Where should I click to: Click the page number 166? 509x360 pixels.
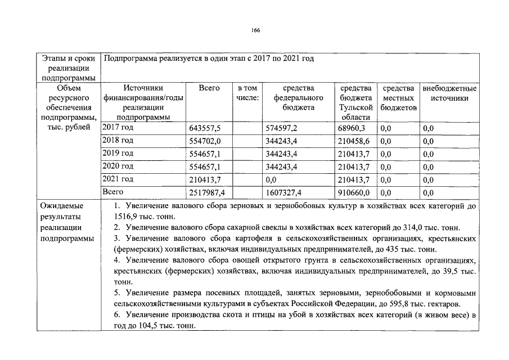[255, 30]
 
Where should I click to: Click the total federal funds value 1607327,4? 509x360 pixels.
[284, 193]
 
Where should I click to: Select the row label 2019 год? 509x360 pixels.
[118, 153]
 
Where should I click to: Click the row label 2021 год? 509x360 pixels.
[118, 179]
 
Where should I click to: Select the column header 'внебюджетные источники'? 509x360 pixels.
[449, 93]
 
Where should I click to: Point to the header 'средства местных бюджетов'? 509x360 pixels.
[398, 98]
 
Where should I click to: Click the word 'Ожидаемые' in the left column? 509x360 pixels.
[59, 206]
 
